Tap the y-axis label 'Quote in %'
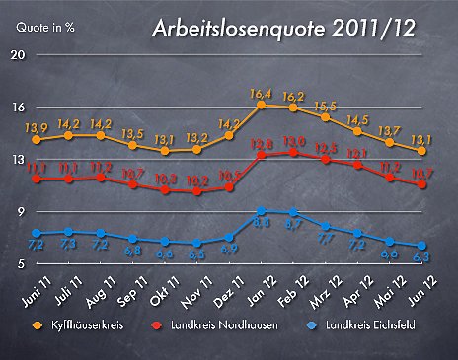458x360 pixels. tap(45, 28)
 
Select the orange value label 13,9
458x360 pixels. tap(36, 127)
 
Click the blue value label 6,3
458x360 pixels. tap(422, 258)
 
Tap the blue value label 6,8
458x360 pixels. tap(133, 252)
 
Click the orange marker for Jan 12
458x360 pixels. tap(262, 105)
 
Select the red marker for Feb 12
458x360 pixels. tap(293, 153)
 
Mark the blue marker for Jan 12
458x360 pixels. tap(262, 211)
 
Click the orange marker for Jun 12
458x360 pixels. tap(422, 151)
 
